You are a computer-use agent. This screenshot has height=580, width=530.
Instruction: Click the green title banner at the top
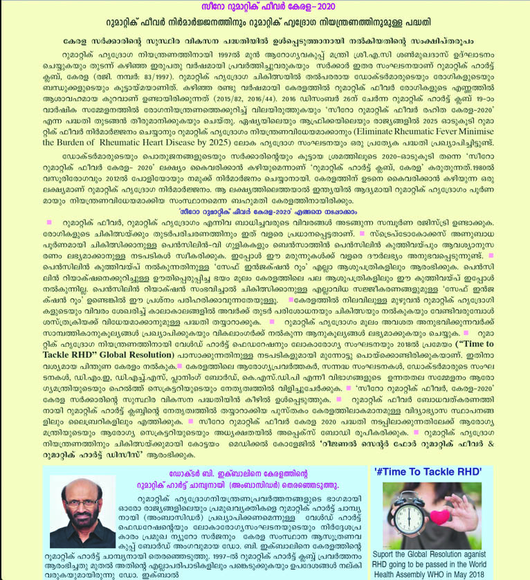[x=265, y=7]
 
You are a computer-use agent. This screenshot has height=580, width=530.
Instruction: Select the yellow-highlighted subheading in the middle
[x=265, y=214]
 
